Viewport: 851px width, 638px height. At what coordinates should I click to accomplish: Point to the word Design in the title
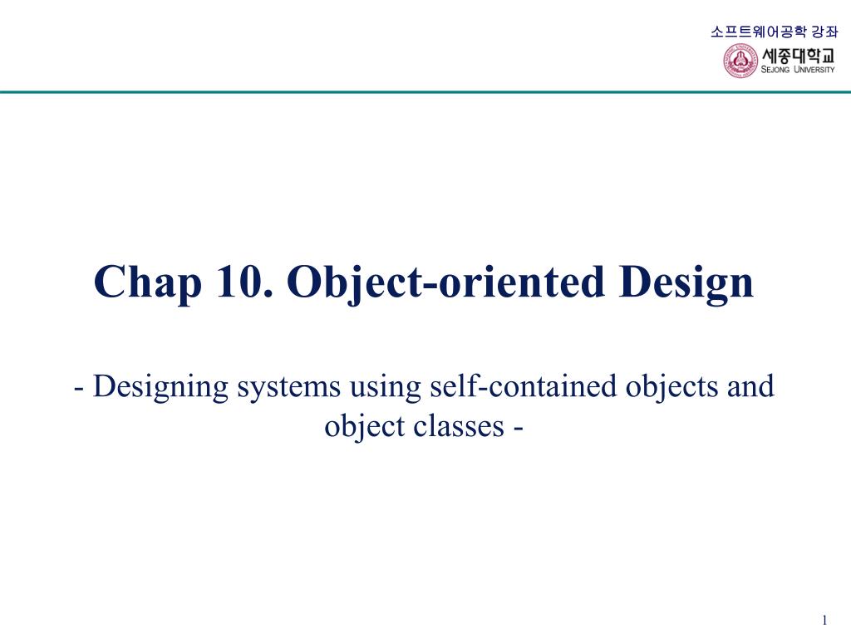(686, 282)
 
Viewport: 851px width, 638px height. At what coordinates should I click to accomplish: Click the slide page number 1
(824, 621)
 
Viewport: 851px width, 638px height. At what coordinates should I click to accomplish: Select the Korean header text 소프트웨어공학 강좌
(774, 32)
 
